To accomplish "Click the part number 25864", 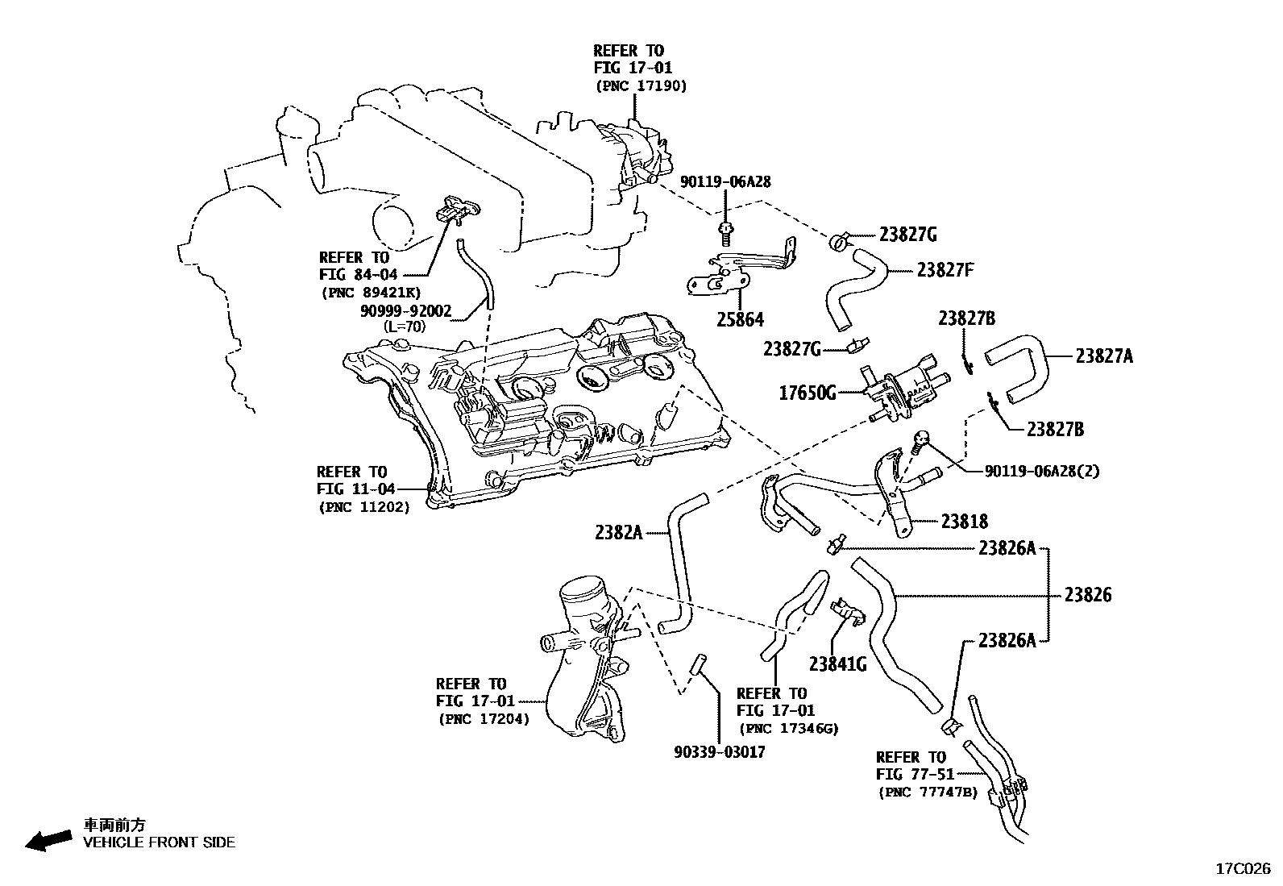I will [x=740, y=320].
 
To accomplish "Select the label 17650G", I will [x=807, y=393].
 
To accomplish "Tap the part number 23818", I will [x=964, y=522].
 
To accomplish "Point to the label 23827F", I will [x=945, y=269].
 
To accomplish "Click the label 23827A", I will [x=1103, y=356].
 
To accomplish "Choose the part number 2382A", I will [x=618, y=532].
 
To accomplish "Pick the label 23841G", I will [x=837, y=664].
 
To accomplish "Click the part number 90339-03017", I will [x=720, y=752].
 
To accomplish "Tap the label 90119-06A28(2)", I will [x=1041, y=471].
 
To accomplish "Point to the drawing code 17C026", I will [x=1243, y=869].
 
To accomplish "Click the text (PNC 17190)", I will [x=641, y=85].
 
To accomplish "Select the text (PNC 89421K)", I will [x=370, y=292].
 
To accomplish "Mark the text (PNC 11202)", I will [x=363, y=507].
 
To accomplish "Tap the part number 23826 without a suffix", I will [x=1087, y=595].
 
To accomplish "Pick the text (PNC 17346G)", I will [x=788, y=729].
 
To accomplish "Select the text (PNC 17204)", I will [x=484, y=719].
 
